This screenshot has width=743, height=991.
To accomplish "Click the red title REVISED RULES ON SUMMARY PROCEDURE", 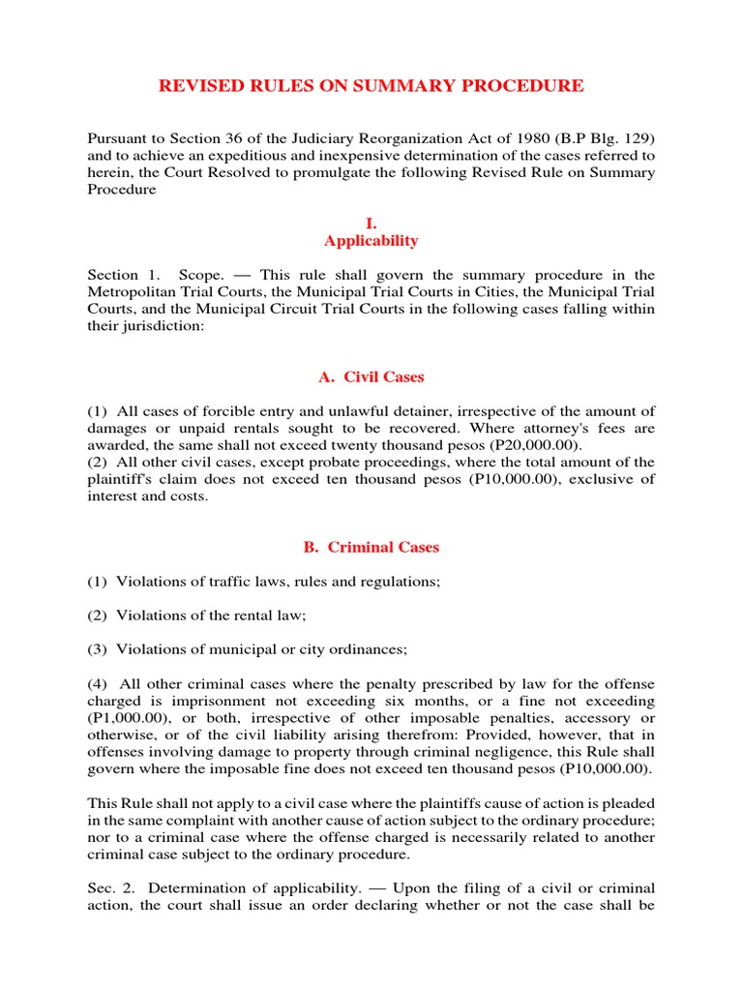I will click(x=371, y=86).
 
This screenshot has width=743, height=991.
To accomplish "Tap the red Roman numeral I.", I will click(x=371, y=224).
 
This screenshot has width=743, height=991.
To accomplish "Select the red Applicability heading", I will click(x=371, y=241).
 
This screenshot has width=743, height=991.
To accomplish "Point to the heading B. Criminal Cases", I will click(x=371, y=547).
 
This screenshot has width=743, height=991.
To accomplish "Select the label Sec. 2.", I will click(x=105, y=887).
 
